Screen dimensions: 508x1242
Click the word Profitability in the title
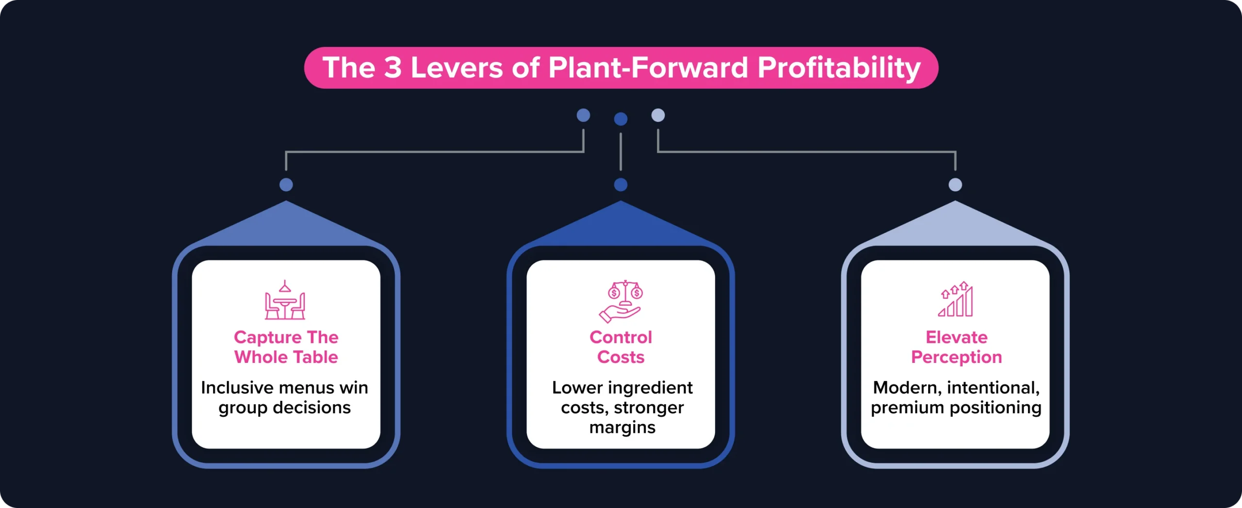click(838, 67)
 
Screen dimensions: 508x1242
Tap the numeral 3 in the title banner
click(393, 67)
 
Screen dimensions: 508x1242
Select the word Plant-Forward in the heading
click(648, 67)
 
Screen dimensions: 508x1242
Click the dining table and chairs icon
click(285, 300)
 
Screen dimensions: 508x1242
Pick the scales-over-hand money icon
click(621, 301)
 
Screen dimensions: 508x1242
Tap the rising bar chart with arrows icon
click(955, 299)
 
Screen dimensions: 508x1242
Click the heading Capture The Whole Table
click(286, 347)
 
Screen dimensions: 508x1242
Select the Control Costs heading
click(621, 347)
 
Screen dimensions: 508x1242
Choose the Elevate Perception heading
click(956, 347)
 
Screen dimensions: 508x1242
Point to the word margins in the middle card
click(622, 427)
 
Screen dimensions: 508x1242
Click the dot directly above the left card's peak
click(286, 185)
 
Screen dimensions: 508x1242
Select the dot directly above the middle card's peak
click(621, 185)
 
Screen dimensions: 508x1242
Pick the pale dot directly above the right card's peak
click(955, 185)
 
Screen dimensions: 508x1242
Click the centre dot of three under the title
click(621, 119)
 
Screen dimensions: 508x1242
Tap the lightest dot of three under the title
click(658, 115)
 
